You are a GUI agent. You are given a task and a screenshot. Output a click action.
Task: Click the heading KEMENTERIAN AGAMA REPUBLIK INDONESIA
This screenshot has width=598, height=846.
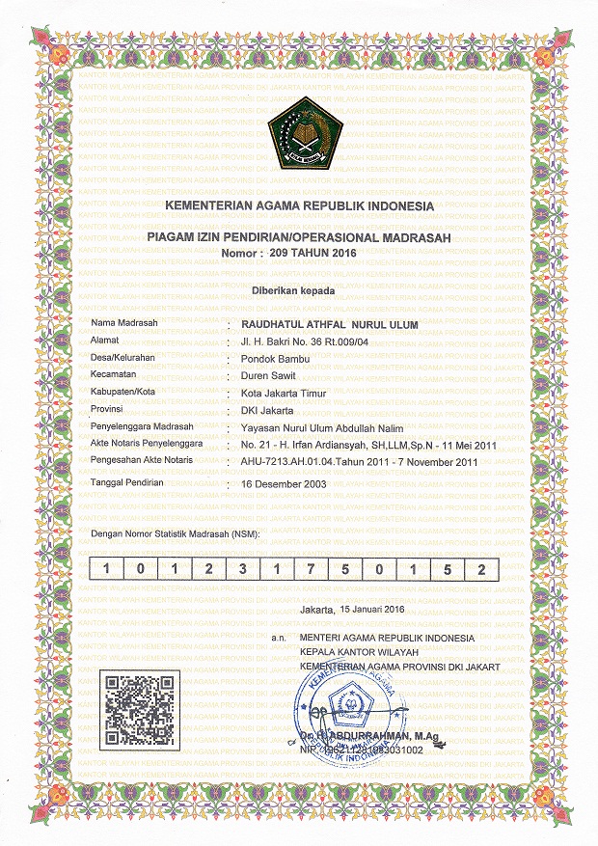coord(300,207)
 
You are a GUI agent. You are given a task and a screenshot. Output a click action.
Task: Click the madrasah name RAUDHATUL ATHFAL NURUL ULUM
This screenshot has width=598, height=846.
coord(329,325)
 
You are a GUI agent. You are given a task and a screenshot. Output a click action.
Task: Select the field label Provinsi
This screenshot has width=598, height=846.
coord(108,410)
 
